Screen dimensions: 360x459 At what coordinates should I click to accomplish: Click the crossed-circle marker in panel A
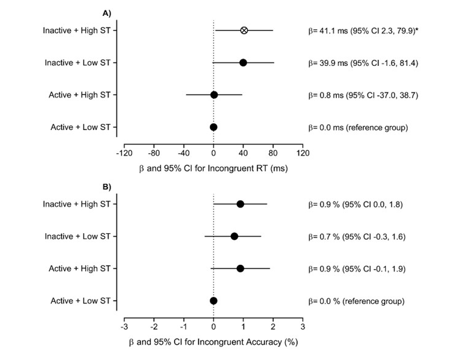(x=244, y=30)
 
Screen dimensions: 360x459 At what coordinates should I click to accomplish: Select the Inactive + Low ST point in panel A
(x=243, y=62)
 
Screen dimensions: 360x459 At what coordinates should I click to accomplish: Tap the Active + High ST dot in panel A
(x=214, y=95)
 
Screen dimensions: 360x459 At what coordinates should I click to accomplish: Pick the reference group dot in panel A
(x=214, y=127)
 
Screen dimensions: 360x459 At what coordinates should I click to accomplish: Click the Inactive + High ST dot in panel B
(x=240, y=204)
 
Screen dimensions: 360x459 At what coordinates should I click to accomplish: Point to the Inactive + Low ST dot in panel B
(x=234, y=236)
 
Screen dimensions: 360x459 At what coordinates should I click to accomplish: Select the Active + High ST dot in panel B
(x=240, y=268)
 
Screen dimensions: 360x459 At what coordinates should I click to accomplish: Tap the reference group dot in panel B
(x=214, y=300)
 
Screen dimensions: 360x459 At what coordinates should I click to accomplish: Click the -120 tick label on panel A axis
(x=125, y=153)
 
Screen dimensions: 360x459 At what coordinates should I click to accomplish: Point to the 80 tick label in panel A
(x=273, y=153)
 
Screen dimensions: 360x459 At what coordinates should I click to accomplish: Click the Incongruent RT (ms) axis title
(x=213, y=168)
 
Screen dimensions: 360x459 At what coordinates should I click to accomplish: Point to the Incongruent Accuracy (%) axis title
(x=213, y=342)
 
